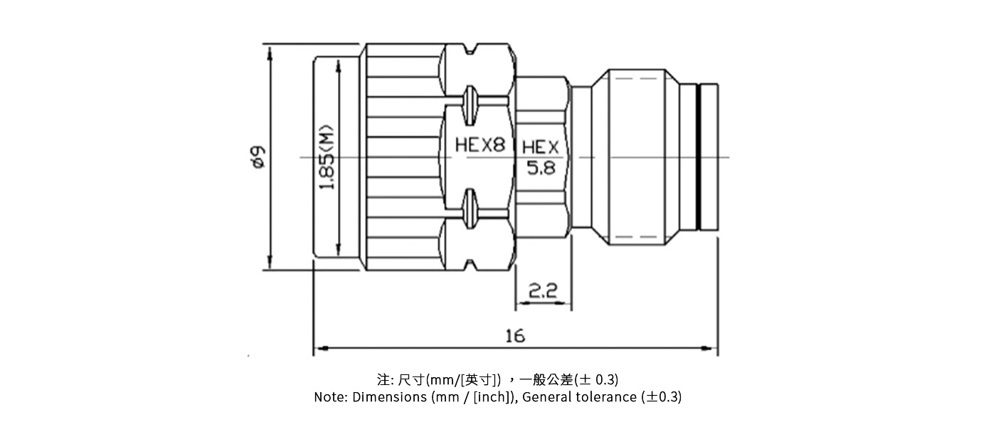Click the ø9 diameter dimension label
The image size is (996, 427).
(x=258, y=157)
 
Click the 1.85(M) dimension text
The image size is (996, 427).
(x=327, y=159)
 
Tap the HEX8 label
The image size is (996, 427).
(x=480, y=146)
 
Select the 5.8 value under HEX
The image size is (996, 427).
(x=541, y=169)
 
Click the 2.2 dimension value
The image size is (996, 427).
(x=542, y=290)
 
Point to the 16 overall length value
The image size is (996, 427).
(x=514, y=335)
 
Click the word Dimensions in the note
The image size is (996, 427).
(x=390, y=397)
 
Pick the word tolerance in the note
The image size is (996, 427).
(x=605, y=397)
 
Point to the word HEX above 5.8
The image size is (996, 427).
(x=541, y=147)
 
